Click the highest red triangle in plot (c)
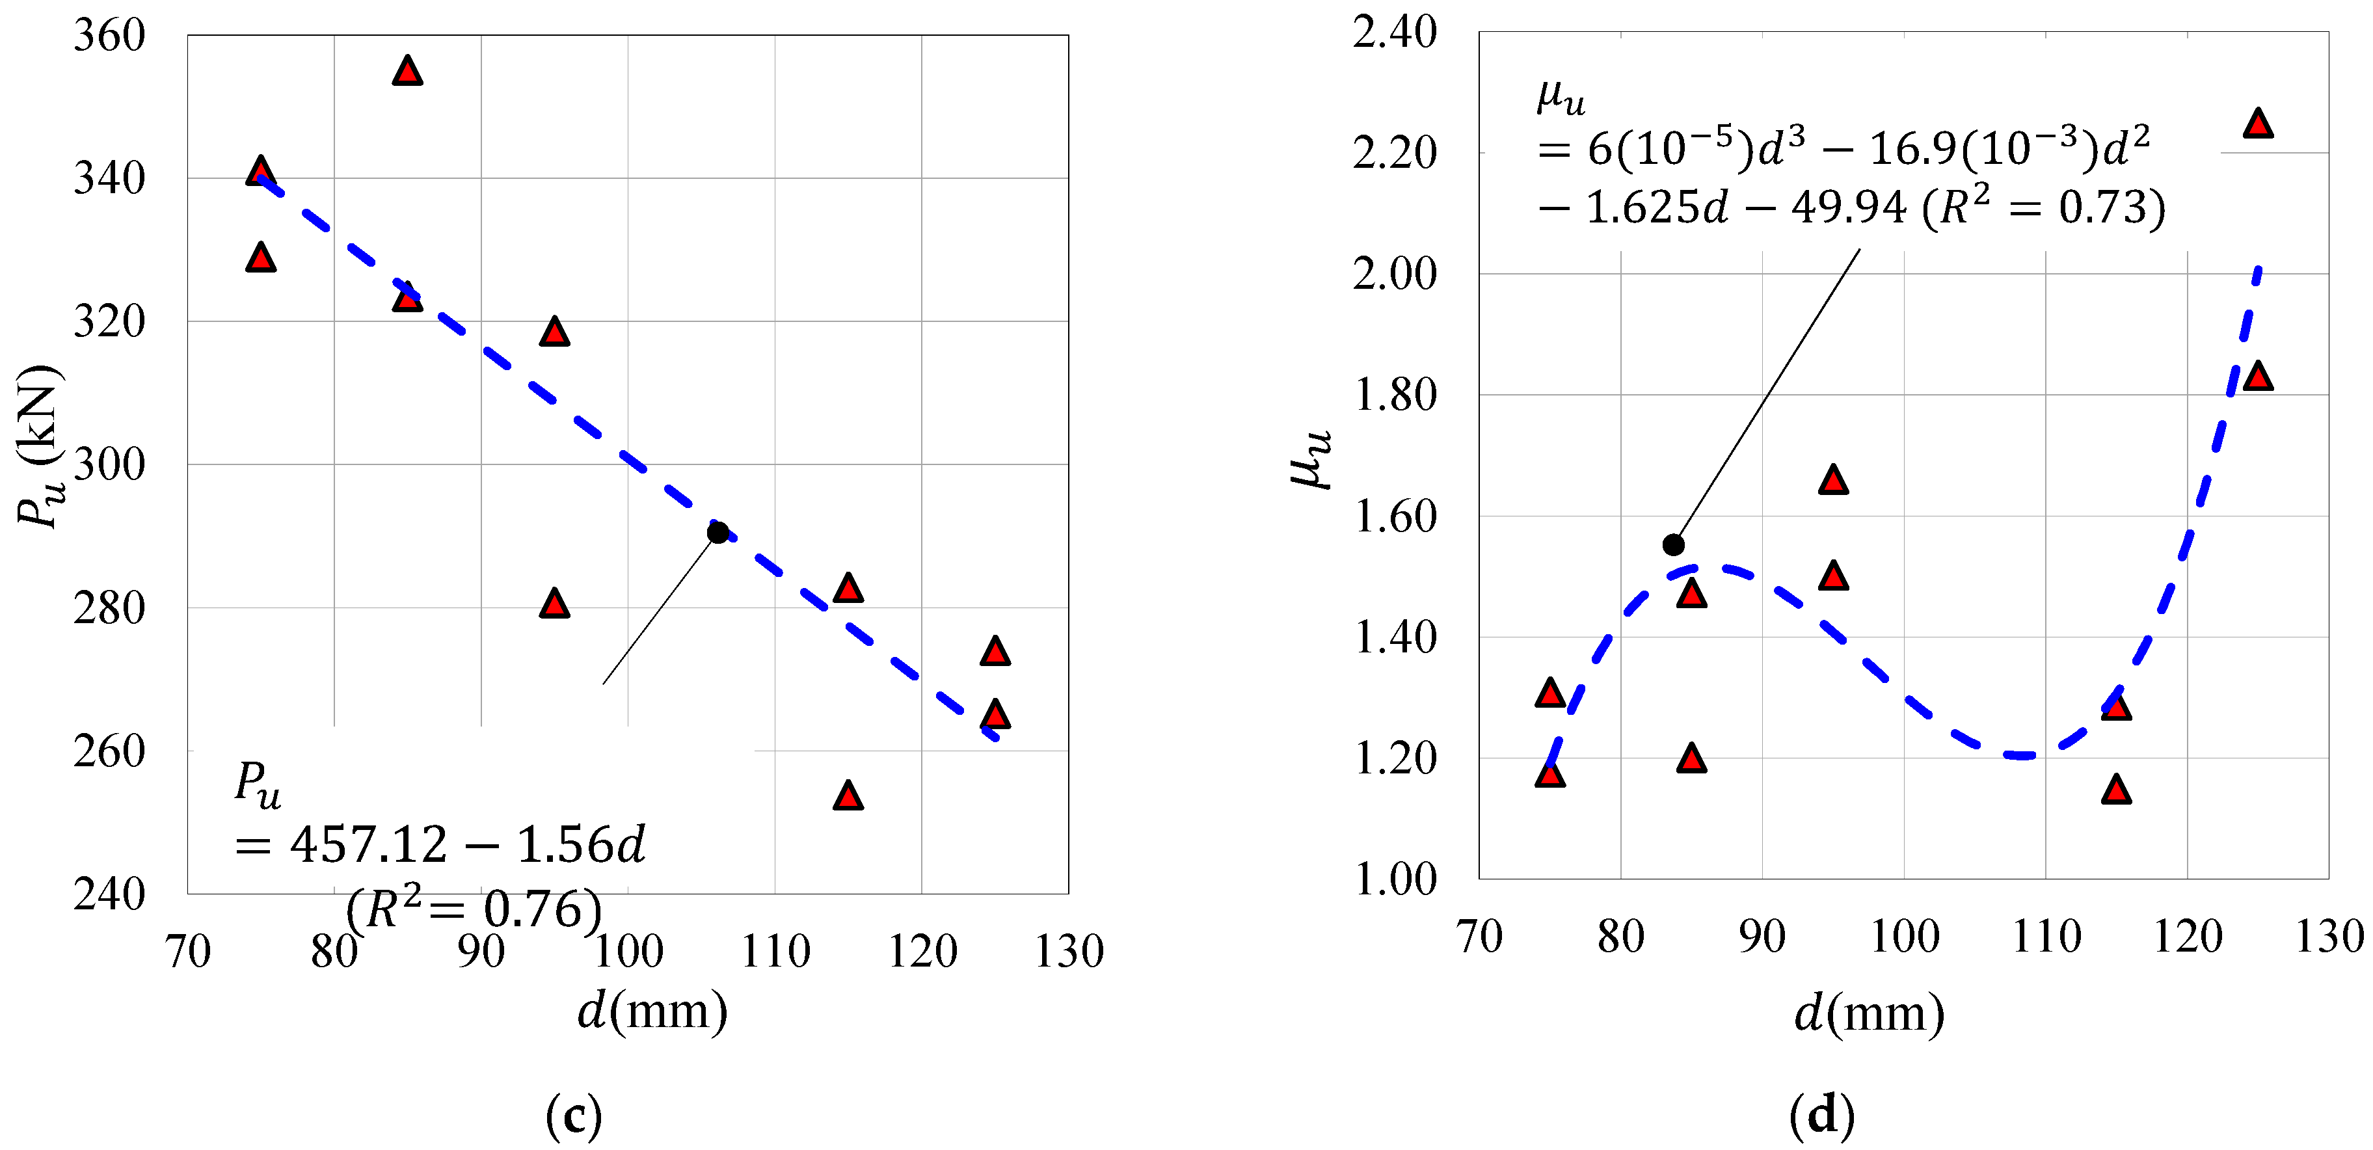(407, 71)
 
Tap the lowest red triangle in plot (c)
(848, 796)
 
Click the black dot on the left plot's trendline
(717, 533)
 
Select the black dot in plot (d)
(1673, 544)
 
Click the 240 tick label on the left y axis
(109, 894)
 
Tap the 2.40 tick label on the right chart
(1394, 33)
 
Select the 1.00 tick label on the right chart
(1394, 879)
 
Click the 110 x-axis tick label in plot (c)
(775, 951)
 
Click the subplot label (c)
(573, 1116)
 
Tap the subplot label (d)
(1821, 1116)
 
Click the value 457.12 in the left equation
(368, 844)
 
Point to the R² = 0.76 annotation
(474, 909)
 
